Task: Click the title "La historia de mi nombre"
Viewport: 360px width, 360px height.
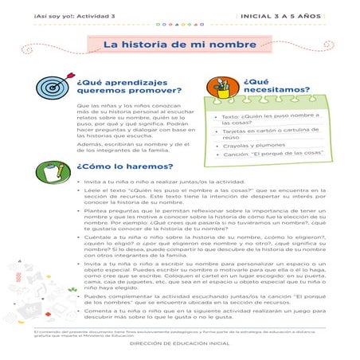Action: tap(179, 45)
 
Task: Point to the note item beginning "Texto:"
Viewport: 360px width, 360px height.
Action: tap(262, 119)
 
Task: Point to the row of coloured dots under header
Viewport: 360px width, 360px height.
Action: tap(179, 24)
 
